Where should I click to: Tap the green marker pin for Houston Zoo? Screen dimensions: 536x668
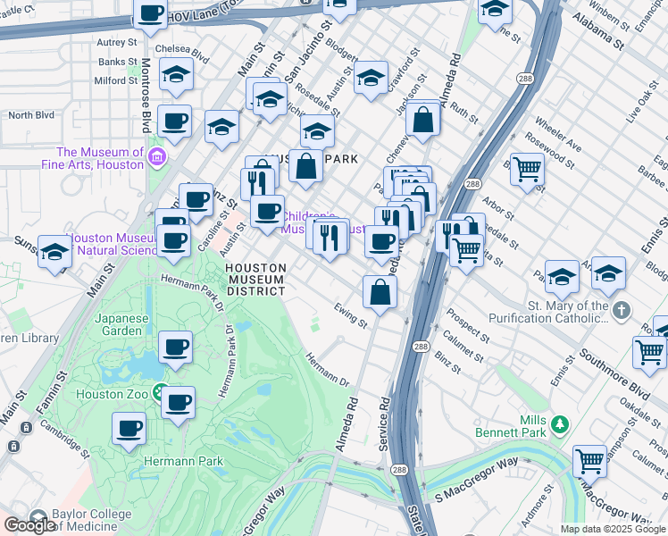tap(159, 391)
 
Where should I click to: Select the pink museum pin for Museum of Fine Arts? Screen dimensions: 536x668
tap(157, 158)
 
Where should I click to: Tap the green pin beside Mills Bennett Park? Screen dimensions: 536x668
tap(560, 423)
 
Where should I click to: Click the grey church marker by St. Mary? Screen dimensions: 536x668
tap(622, 310)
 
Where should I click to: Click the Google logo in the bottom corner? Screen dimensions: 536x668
tap(30, 525)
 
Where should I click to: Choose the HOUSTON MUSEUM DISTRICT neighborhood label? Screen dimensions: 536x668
tap(255, 279)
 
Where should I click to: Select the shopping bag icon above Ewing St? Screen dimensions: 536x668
tap(380, 291)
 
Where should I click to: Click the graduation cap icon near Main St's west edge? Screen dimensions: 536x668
tap(55, 254)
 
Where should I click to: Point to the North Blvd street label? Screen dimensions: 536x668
tap(31, 115)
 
